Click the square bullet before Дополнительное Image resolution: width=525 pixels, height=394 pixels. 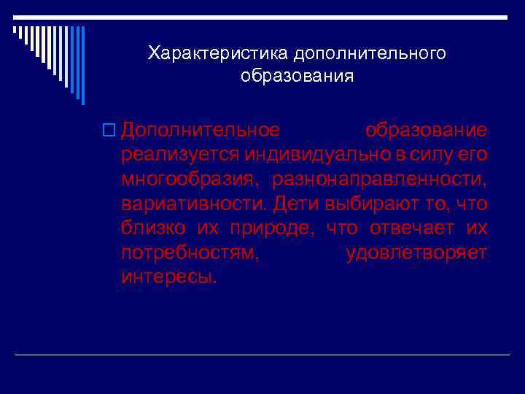tap(111, 131)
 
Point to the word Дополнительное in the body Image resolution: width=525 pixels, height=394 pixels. tap(201, 131)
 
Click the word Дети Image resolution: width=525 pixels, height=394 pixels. tap(294, 204)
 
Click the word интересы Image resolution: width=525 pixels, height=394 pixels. tap(169, 277)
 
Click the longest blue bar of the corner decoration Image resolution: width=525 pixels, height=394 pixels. tap(82, 66)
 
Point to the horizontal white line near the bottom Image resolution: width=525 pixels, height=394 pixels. tap(262, 355)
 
